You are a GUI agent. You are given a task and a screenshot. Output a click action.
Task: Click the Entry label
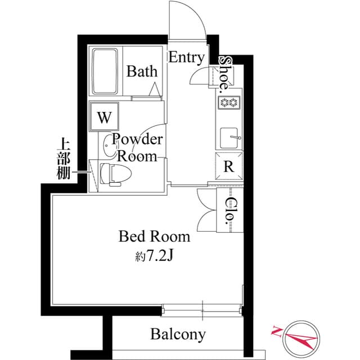click(x=186, y=57)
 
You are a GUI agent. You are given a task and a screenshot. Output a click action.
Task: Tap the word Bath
click(x=142, y=71)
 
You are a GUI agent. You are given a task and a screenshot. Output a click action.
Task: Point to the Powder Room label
click(x=138, y=147)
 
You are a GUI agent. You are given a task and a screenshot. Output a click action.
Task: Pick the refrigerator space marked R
click(x=229, y=166)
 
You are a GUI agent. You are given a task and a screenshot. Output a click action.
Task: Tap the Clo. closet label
click(x=231, y=211)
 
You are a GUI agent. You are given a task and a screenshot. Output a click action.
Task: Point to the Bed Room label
click(x=154, y=236)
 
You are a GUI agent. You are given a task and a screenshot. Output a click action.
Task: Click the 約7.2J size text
click(x=153, y=256)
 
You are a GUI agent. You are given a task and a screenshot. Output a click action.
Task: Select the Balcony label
click(x=178, y=335)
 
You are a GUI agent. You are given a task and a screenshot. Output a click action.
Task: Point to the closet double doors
click(x=205, y=211)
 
